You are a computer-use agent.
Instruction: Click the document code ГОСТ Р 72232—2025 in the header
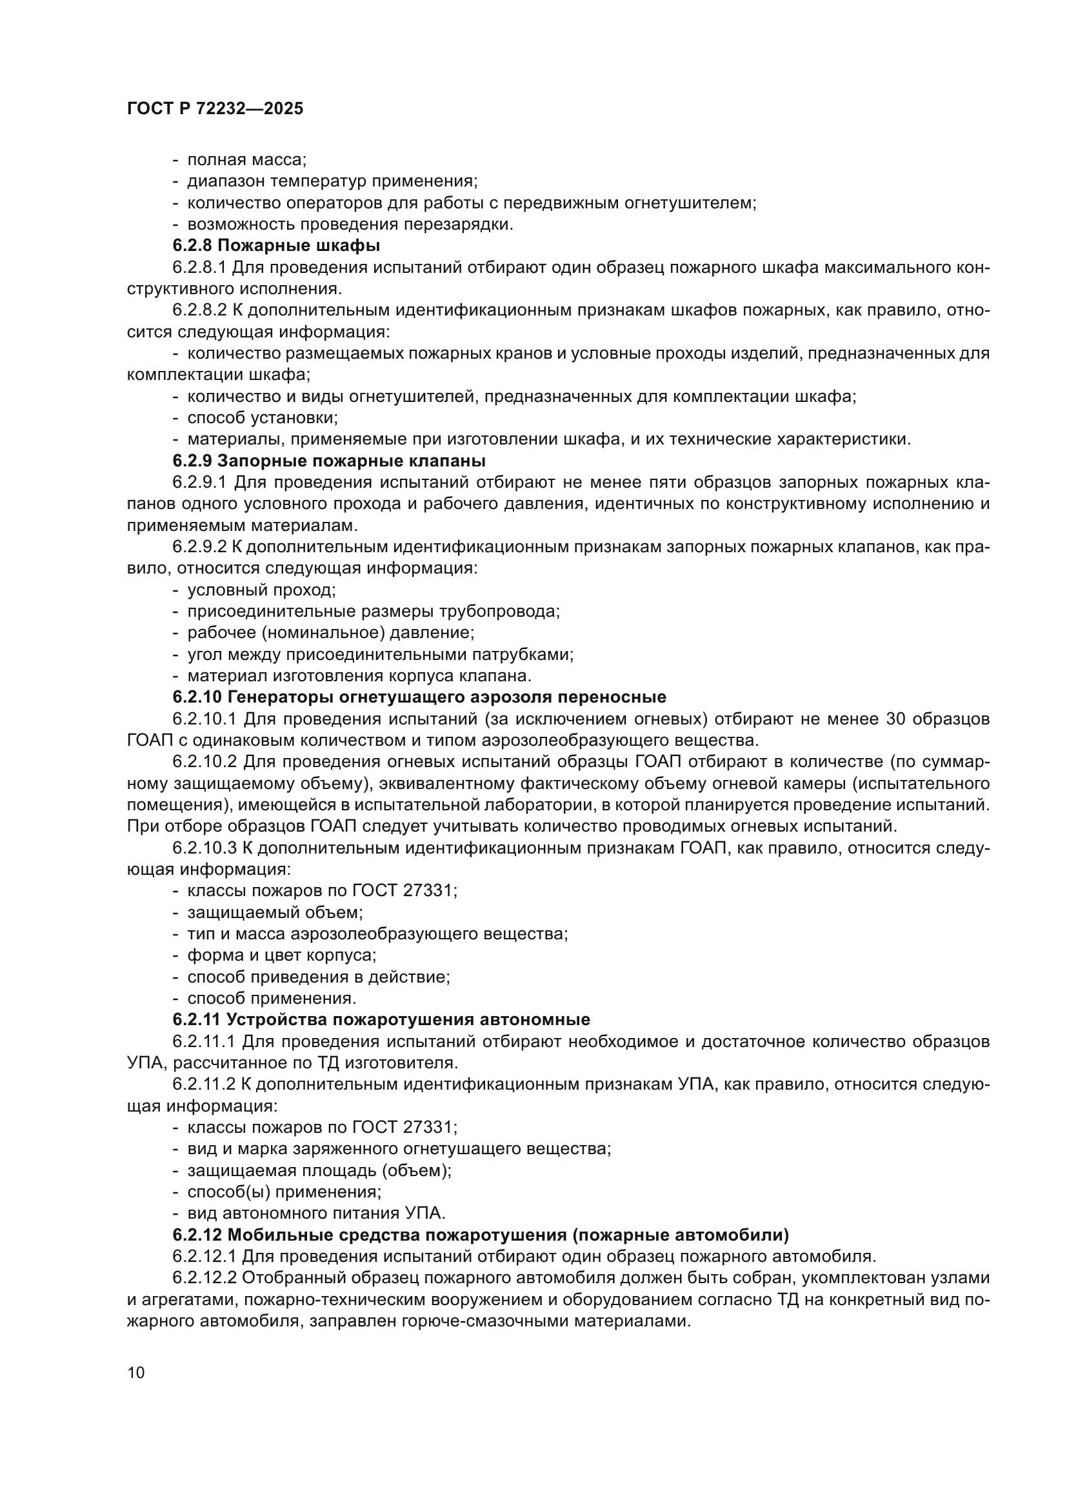[x=215, y=109]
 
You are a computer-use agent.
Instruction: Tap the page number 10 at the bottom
[x=136, y=1373]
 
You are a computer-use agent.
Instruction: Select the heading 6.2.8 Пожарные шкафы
[x=277, y=246]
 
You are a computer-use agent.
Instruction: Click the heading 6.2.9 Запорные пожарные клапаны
[x=329, y=460]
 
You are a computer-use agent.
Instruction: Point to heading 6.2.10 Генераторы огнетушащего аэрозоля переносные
[x=419, y=697]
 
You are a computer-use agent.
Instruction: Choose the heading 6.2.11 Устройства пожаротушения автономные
[x=381, y=1019]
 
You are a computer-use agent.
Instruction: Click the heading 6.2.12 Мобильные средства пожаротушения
[x=481, y=1235]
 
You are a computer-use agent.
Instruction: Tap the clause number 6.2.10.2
[x=206, y=762]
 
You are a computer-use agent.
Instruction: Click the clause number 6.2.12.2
[x=206, y=1278]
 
